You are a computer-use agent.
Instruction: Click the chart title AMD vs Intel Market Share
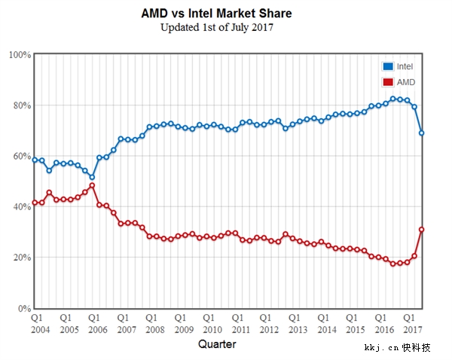click(x=216, y=14)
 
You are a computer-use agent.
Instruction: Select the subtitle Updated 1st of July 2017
click(x=216, y=28)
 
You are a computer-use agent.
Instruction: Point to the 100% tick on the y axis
click(x=20, y=55)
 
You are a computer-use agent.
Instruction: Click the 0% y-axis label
click(x=23, y=309)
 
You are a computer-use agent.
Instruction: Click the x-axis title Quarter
click(x=217, y=344)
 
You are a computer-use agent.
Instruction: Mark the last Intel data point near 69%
click(x=422, y=133)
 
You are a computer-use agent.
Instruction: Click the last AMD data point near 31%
click(x=422, y=230)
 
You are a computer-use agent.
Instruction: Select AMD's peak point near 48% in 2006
click(x=92, y=185)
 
